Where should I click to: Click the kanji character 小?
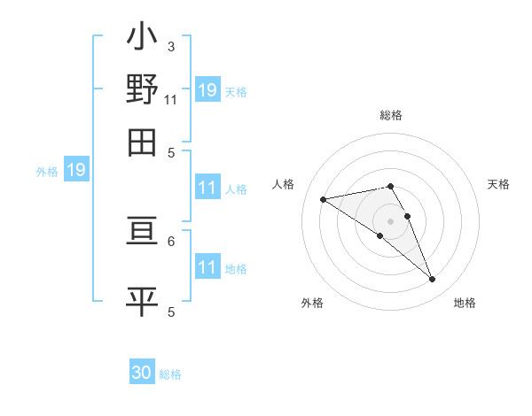click(142, 39)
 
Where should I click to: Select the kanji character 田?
click(142, 141)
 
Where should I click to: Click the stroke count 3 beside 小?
click(171, 47)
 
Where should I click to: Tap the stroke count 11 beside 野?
click(171, 99)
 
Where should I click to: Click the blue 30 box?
click(142, 374)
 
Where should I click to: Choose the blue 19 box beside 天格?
click(207, 89)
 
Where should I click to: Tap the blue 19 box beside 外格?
click(76, 170)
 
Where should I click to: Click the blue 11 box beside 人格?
click(207, 188)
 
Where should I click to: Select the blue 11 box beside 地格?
click(207, 268)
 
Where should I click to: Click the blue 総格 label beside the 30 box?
click(170, 374)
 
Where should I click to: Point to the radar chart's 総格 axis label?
click(391, 115)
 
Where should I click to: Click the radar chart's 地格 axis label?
click(465, 303)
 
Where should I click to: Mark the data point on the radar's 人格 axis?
click(324, 199)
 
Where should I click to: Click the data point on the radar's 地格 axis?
click(433, 280)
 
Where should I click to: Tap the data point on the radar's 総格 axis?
click(391, 186)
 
